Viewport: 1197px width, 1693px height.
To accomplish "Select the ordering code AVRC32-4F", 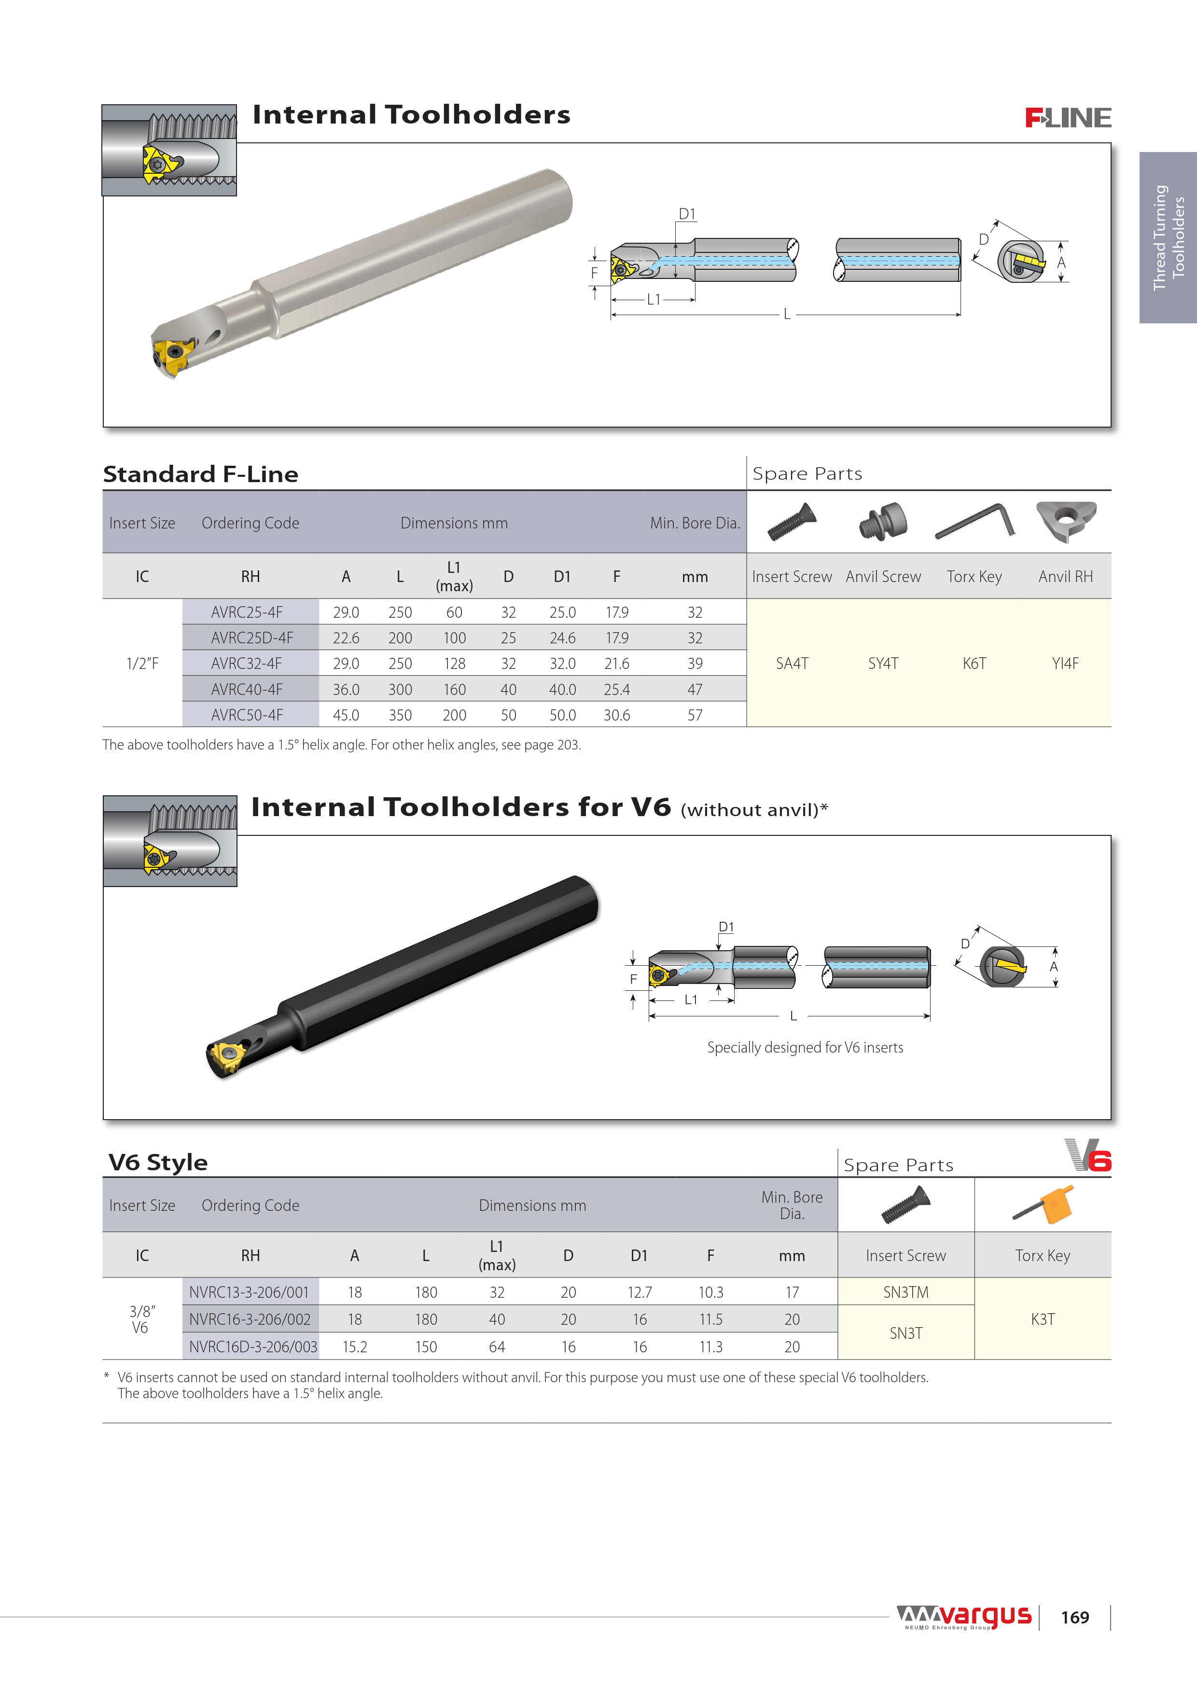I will tap(246, 664).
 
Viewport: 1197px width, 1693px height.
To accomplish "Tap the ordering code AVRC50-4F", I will tap(246, 715).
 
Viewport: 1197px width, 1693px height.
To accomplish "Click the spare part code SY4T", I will tap(883, 664).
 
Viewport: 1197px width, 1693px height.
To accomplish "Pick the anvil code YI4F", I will tap(1065, 664).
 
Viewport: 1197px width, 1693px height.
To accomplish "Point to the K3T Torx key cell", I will tap(1042, 1319).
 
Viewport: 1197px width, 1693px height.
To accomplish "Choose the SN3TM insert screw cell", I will tap(905, 1292).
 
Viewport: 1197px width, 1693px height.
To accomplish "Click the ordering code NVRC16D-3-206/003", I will tap(252, 1347).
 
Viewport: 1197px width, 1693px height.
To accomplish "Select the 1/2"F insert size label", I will tap(142, 664).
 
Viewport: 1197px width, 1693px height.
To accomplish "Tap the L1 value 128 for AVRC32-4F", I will tap(454, 664).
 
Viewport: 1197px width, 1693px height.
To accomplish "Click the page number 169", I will tap(1074, 1618).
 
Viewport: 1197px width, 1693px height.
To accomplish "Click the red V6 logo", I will tap(1088, 1155).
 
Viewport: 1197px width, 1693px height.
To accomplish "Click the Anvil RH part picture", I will tap(1066, 521).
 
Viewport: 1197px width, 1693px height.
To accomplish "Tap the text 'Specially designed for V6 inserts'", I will tap(805, 1048).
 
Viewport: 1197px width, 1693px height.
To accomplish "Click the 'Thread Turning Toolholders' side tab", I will tap(1168, 237).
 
